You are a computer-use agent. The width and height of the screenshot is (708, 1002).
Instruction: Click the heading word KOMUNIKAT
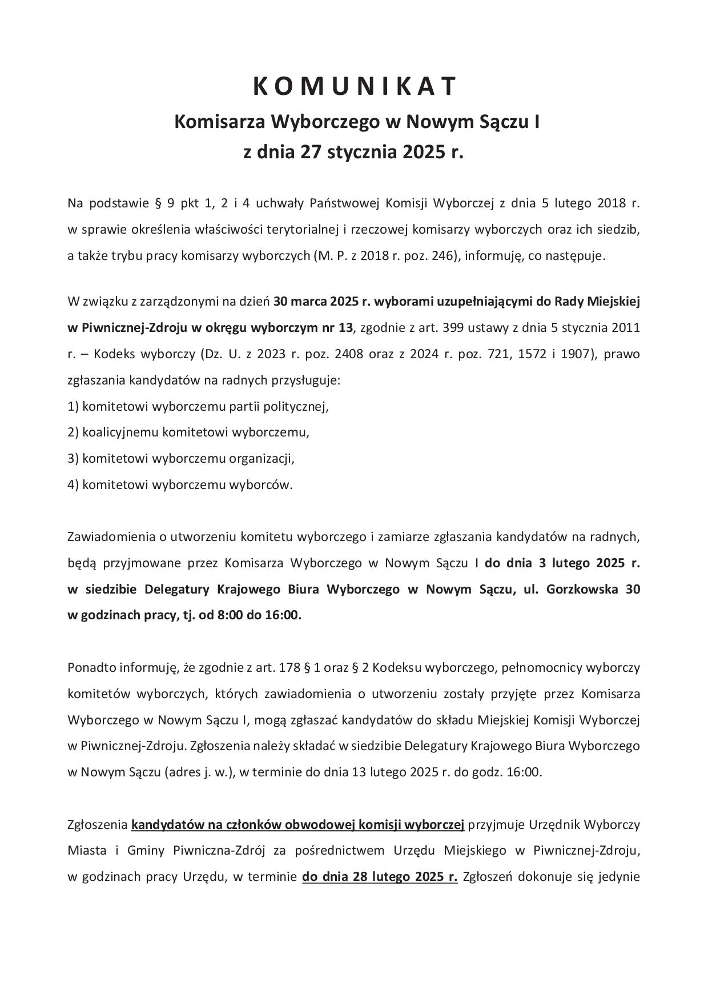click(355, 86)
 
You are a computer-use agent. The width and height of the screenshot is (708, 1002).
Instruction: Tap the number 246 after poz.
click(442, 255)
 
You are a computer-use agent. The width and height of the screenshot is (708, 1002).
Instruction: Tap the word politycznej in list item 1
click(297, 406)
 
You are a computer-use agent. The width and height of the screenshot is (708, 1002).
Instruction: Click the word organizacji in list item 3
click(261, 458)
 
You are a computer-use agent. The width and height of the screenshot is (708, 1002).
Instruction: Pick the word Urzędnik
click(554, 824)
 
